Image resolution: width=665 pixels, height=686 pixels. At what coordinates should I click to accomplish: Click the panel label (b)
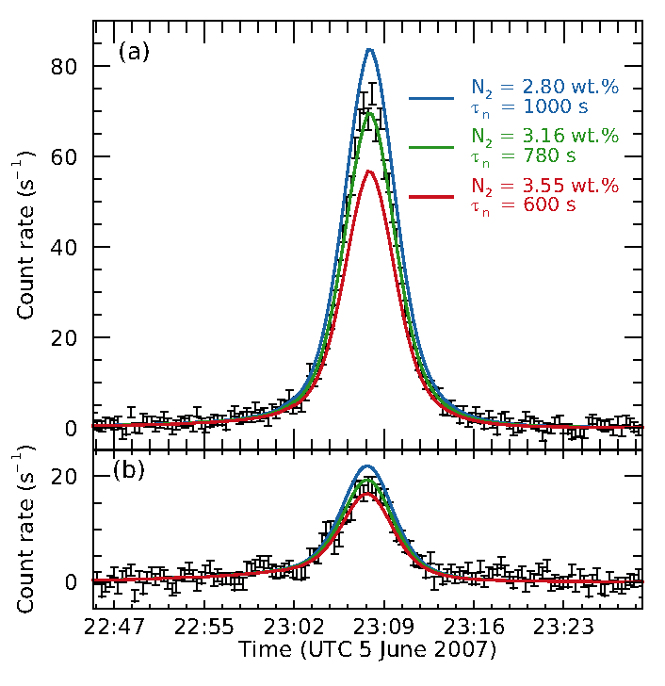click(128, 470)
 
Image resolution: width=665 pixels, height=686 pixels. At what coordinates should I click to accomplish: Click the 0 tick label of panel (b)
click(70, 582)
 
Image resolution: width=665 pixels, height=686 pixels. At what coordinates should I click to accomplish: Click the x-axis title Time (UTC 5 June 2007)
click(367, 650)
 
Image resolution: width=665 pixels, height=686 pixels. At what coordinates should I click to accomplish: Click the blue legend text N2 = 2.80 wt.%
click(544, 88)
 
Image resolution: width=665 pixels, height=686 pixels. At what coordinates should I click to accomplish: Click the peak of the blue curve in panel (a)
click(370, 49)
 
